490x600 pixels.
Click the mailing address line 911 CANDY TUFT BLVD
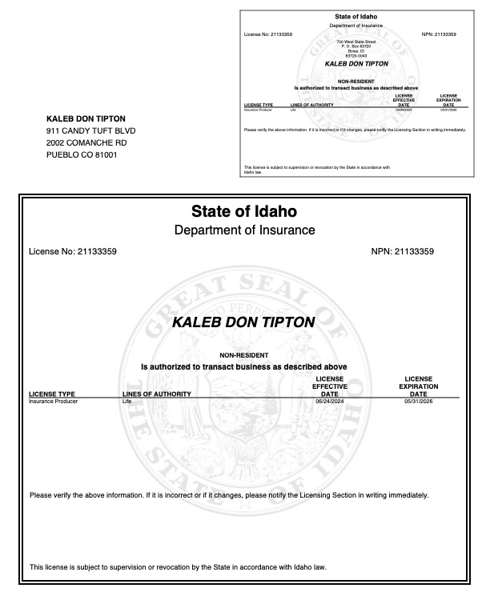[91, 130]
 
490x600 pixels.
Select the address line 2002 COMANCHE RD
[86, 142]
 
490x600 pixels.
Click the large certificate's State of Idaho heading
[244, 212]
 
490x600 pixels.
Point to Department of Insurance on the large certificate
[244, 230]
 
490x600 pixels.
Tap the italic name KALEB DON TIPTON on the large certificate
[244, 322]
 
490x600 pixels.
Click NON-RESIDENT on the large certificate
[243, 354]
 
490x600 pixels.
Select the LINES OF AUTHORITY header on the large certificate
[157, 394]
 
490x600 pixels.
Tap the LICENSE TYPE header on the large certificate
[52, 394]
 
